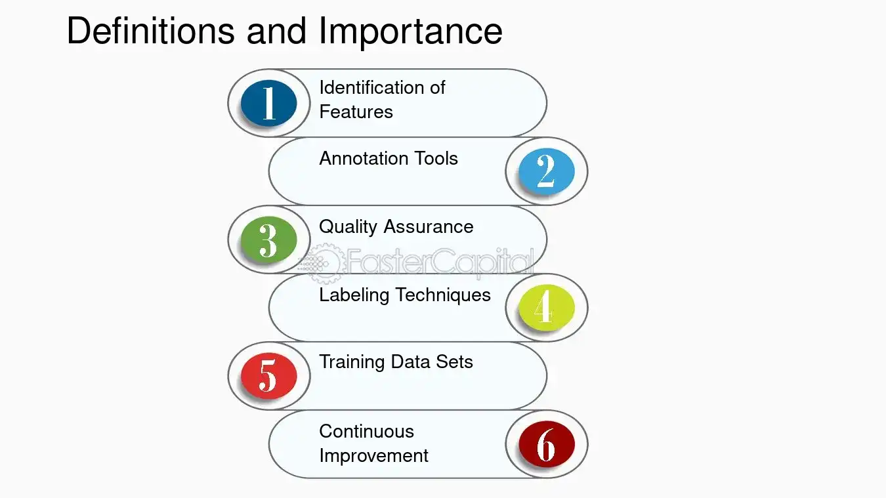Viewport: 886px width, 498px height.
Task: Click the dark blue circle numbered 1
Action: pos(268,103)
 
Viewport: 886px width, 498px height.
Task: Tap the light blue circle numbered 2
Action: pos(546,171)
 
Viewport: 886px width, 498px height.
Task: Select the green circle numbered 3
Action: pos(268,239)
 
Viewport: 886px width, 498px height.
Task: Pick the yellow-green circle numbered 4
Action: pos(546,308)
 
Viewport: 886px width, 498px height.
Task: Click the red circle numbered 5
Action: pos(268,376)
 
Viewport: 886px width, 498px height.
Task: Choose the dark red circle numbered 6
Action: pos(546,444)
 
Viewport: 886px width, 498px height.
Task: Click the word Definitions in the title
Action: pos(150,31)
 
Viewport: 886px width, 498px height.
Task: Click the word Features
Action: pos(356,112)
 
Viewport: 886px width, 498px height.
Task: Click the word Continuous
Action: pos(366,431)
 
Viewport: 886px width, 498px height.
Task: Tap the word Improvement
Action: pos(373,455)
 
